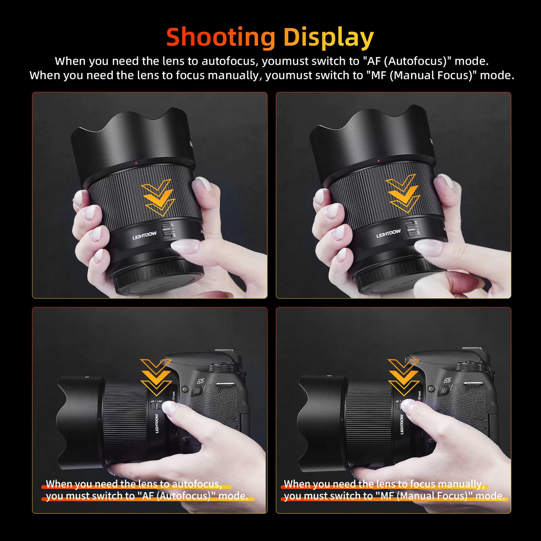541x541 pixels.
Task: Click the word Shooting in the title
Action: pos(221,37)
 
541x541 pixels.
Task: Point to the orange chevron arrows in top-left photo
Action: pos(158,197)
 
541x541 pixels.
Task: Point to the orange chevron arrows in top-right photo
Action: pos(403,194)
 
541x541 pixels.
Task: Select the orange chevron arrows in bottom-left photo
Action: pos(156,377)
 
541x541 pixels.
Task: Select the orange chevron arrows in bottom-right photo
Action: pos(404,377)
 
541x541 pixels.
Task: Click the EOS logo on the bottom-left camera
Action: pos(201,381)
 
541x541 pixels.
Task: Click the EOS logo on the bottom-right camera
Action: pos(447,380)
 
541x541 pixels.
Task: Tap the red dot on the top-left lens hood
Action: pos(136,163)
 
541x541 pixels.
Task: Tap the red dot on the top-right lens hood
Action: pos(379,161)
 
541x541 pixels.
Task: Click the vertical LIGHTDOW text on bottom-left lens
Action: pos(157,423)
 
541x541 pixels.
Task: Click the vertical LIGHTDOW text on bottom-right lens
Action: pos(402,424)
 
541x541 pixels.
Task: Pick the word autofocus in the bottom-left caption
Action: pos(197,484)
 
